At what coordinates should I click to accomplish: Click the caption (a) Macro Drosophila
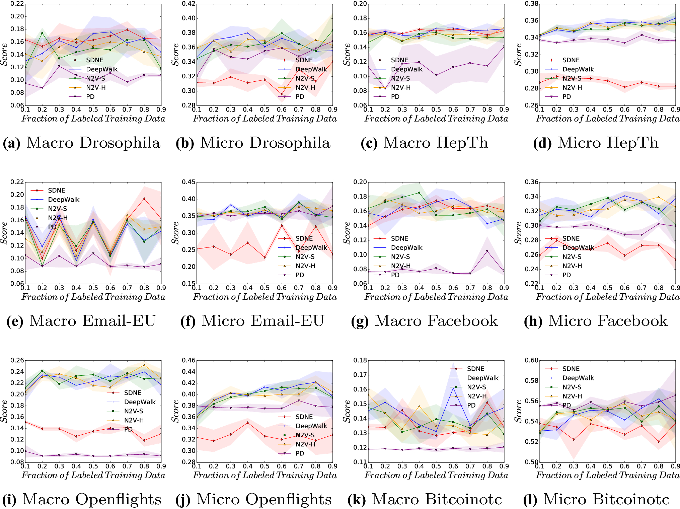82,143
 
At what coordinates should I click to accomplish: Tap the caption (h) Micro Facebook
596,321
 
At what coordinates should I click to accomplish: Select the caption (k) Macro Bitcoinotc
425,499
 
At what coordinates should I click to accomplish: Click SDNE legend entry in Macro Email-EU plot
56,190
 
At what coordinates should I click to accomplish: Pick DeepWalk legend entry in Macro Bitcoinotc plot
482,378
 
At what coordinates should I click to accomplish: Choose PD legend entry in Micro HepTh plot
566,96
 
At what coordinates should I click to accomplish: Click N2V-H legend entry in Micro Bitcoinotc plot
572,396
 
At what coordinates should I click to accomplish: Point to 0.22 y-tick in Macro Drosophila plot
17,4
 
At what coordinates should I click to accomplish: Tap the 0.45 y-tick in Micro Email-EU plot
188,182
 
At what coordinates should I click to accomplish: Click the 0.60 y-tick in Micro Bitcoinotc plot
532,360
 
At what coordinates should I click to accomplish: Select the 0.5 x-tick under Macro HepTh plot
436,110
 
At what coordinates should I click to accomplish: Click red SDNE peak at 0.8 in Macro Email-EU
144,199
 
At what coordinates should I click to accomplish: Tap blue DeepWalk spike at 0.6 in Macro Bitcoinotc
453,388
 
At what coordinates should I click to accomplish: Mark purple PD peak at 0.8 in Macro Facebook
487,251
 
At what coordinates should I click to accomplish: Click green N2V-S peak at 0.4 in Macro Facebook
419,193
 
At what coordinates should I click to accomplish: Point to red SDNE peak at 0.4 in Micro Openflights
247,423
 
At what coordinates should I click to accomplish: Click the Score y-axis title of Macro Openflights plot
4,411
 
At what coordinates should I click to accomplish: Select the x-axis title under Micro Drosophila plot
265,119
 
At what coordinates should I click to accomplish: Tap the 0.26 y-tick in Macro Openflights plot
17,360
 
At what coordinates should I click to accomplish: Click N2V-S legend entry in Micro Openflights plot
305,435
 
